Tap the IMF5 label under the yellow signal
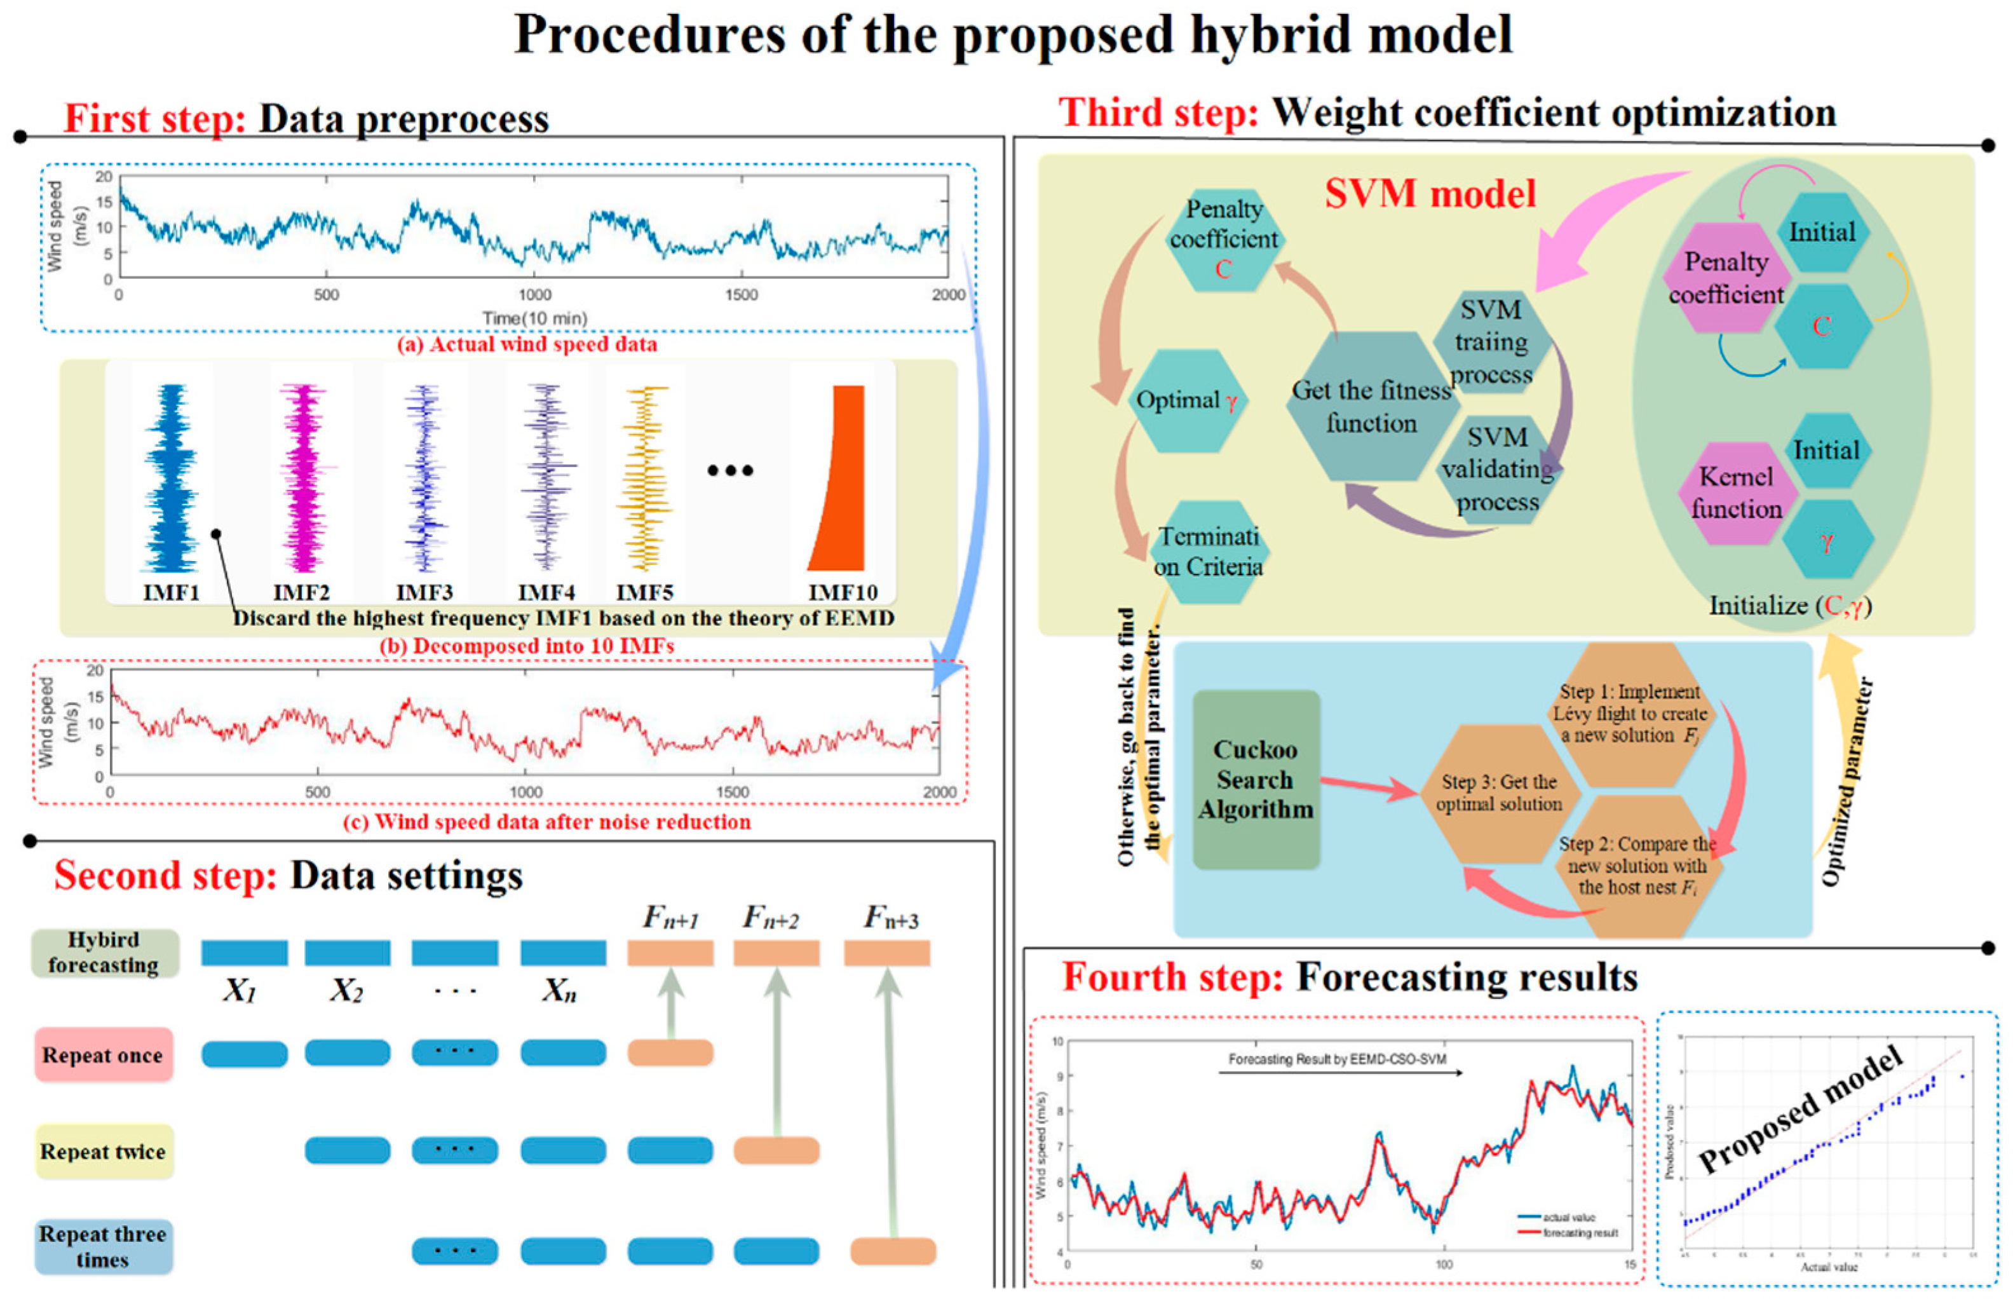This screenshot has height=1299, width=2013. click(644, 592)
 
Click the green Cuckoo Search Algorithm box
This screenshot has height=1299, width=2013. click(1256, 779)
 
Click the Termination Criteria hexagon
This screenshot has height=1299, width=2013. click(1208, 552)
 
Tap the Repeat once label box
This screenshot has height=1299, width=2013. click(103, 1055)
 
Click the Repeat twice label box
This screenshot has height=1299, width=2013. click(103, 1152)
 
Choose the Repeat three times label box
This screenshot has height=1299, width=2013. click(103, 1247)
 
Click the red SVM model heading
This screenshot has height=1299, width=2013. click(1430, 194)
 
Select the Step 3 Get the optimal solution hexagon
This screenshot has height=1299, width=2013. click(1498, 793)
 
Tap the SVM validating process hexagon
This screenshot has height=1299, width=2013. click(1498, 470)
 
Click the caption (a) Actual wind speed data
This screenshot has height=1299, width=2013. click(527, 344)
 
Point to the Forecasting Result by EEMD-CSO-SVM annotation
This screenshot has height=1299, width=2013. click(1337, 1059)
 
